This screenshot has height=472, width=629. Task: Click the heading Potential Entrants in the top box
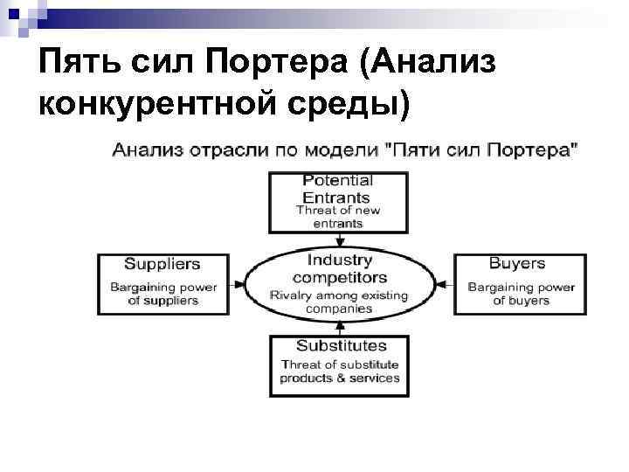click(337, 189)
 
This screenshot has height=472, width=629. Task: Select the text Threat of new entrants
click(339, 217)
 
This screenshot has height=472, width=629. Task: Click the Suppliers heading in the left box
click(162, 264)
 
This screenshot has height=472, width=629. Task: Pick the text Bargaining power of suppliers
click(162, 294)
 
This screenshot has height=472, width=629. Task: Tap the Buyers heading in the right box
click(517, 263)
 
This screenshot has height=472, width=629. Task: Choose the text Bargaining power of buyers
click(521, 294)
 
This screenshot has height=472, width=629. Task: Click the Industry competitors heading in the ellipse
click(339, 268)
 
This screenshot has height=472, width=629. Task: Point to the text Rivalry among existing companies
click(339, 302)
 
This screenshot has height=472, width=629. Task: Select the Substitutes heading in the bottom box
click(341, 346)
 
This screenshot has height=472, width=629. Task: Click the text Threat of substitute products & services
click(340, 371)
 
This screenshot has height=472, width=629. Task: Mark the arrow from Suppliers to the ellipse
click(236, 283)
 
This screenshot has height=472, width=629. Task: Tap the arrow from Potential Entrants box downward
click(339, 239)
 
